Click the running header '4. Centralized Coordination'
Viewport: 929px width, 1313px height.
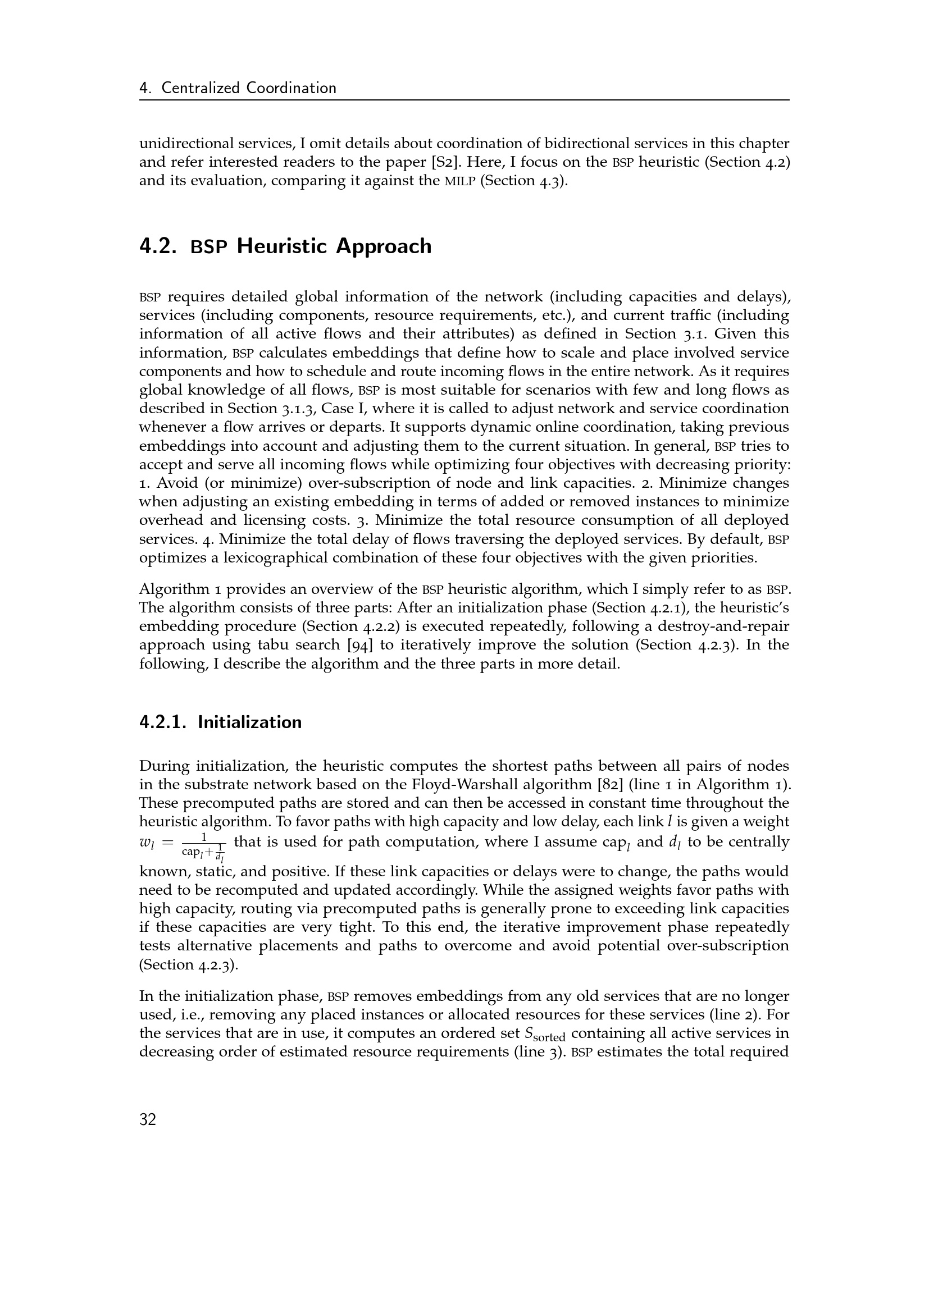click(238, 88)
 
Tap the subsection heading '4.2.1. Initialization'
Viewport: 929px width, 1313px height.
click(220, 722)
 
